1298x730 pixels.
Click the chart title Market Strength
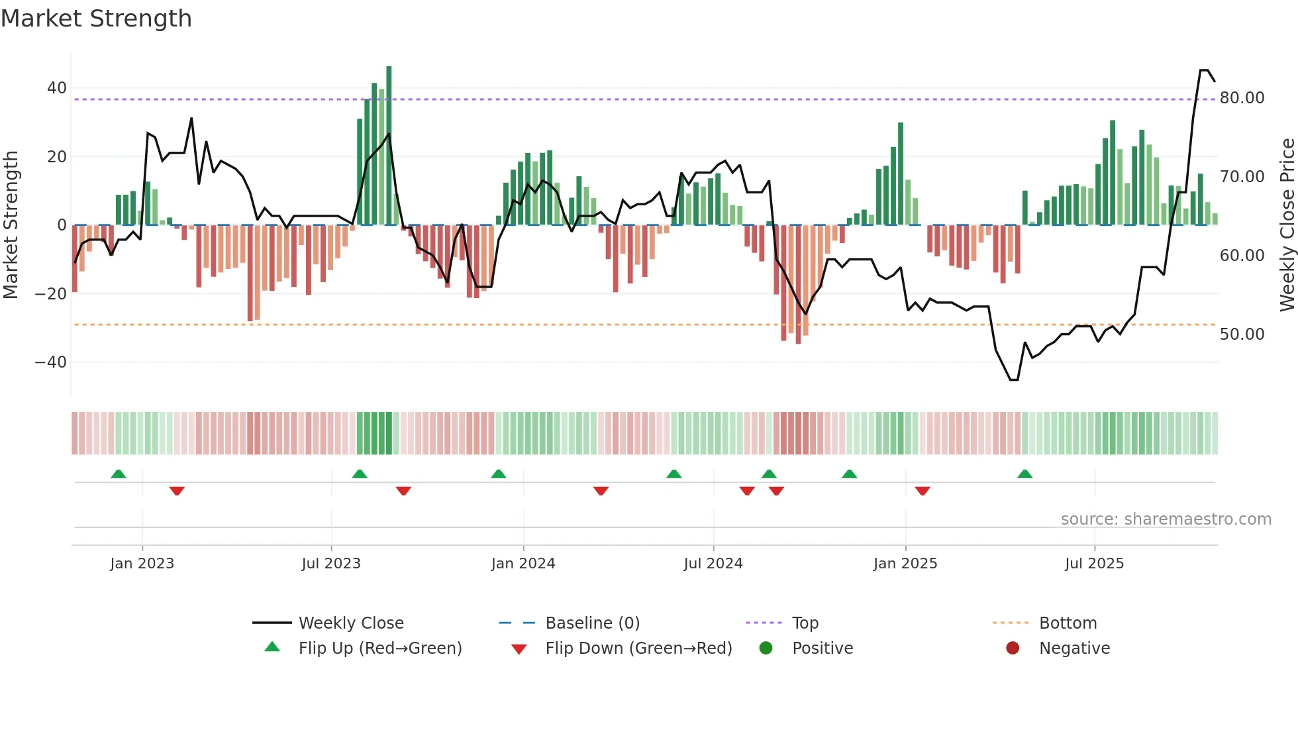(x=96, y=19)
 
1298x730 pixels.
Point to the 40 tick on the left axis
(x=56, y=88)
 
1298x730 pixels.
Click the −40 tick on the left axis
(x=50, y=362)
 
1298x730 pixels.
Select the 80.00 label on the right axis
(x=1242, y=98)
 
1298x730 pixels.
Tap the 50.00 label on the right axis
(x=1242, y=335)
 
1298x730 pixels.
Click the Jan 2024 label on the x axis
(x=523, y=564)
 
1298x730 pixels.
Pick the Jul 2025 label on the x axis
(x=1094, y=564)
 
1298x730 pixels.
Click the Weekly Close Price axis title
(x=1286, y=225)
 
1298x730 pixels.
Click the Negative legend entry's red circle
(x=1012, y=649)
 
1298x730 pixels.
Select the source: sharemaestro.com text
(x=1166, y=519)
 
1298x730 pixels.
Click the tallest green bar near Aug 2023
(x=389, y=146)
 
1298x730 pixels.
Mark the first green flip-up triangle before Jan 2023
(x=119, y=474)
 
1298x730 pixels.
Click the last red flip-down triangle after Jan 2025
(x=923, y=491)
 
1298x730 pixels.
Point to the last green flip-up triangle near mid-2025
(x=1024, y=474)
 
